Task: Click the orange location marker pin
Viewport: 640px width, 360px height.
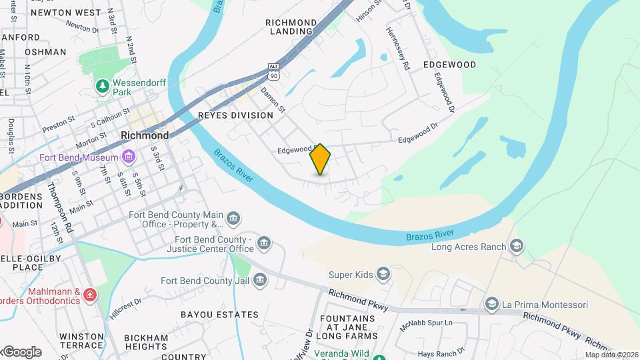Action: click(321, 159)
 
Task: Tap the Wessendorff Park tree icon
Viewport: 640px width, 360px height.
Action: click(102, 86)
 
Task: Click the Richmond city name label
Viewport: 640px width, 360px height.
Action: click(143, 135)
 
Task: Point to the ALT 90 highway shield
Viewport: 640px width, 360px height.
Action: click(273, 69)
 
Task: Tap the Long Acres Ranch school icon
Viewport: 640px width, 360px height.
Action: click(516, 247)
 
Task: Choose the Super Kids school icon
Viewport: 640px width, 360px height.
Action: click(383, 274)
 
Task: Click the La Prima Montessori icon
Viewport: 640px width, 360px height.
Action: click(492, 305)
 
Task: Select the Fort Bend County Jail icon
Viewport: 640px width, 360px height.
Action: click(260, 281)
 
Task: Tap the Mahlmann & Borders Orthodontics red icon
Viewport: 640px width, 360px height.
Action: click(90, 294)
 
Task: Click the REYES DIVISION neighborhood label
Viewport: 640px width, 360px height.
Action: click(236, 115)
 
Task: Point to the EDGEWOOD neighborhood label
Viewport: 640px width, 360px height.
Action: click(449, 65)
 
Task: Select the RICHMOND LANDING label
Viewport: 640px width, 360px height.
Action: click(291, 27)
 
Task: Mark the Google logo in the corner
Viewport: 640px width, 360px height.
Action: click(21, 352)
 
